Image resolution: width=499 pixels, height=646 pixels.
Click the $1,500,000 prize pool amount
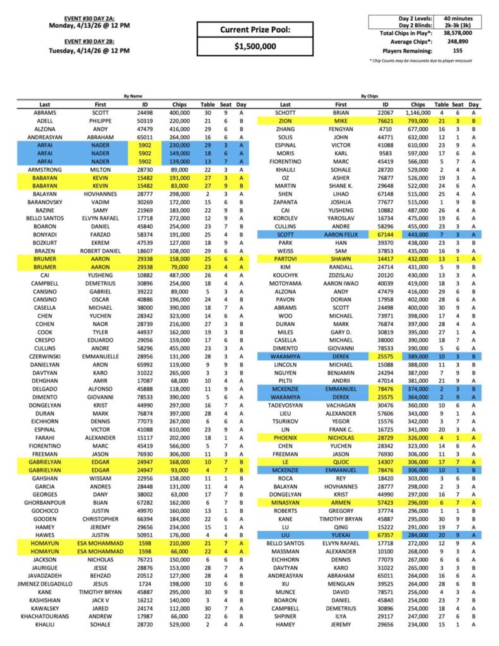pos(255,47)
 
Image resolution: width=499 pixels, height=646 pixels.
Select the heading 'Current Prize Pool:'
pos(255,30)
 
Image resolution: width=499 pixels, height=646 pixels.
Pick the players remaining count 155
pos(458,50)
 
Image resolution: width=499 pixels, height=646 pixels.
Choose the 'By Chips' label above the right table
pos(370,97)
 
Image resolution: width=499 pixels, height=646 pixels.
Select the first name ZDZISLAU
pos(341,275)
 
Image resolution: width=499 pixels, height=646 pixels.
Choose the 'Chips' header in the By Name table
pos(179,105)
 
